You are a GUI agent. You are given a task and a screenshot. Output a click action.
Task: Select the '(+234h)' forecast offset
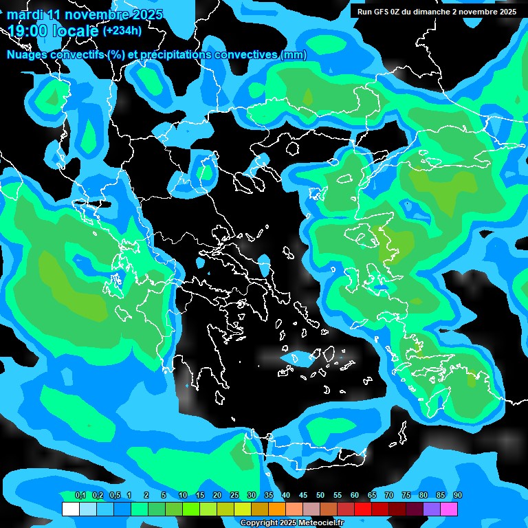(x=122, y=30)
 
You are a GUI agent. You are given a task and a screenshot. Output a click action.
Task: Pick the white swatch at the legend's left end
(x=70, y=509)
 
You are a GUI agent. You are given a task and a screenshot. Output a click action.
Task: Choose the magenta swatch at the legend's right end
(x=449, y=509)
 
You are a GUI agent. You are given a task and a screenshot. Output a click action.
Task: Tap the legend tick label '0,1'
(x=80, y=496)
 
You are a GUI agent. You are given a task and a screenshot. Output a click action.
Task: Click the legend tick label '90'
(x=458, y=496)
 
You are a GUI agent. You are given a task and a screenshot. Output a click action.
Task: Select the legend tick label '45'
(x=303, y=496)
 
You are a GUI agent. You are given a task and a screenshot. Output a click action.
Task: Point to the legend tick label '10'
(x=183, y=496)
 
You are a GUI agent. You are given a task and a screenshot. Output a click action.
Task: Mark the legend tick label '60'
(x=355, y=496)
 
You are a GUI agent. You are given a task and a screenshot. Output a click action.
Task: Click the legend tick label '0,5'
(x=115, y=496)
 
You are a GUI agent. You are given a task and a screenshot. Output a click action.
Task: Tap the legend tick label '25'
(x=234, y=496)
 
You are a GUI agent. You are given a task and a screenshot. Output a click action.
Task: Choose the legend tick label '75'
(x=406, y=496)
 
